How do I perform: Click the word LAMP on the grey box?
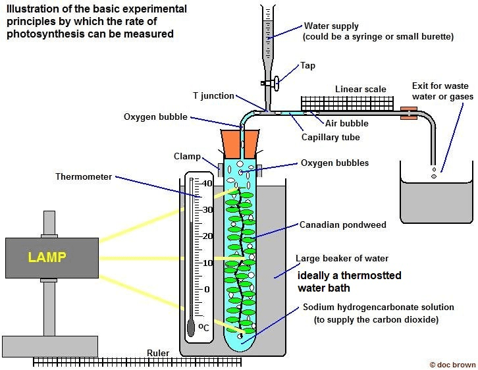(49, 257)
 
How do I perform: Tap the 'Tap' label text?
(308, 66)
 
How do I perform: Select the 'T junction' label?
(213, 96)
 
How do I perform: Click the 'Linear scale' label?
(361, 90)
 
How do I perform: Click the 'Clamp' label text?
(188, 157)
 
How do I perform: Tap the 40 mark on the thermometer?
(207, 183)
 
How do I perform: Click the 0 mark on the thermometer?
(207, 289)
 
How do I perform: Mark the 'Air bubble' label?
(347, 123)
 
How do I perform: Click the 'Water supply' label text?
(331, 26)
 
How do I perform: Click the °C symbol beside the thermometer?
(205, 327)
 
